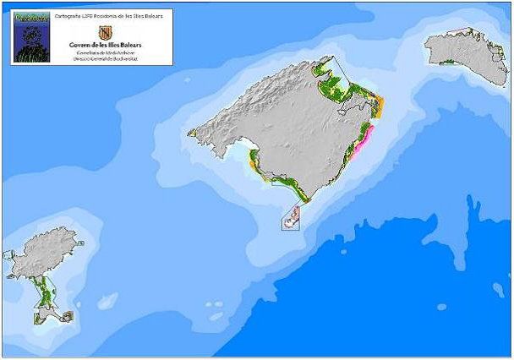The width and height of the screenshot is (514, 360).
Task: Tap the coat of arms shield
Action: click(105, 32)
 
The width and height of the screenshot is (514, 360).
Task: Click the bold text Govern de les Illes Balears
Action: click(106, 46)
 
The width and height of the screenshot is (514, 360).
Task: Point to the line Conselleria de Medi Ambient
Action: click(106, 53)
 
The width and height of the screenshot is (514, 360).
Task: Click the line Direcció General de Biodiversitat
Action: click(106, 59)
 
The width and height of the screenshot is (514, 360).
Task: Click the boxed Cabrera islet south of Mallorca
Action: click(291, 218)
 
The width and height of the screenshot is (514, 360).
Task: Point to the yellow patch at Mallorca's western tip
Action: click(193, 133)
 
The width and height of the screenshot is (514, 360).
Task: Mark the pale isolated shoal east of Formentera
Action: click(107, 300)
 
